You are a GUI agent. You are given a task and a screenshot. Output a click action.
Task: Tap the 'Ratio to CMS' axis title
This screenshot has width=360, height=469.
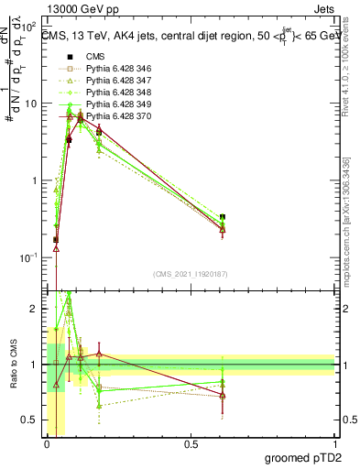point(12,364)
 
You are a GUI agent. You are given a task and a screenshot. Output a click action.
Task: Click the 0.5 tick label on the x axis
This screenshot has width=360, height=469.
point(191,444)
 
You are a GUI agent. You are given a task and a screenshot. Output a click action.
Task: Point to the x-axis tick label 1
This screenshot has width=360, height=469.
point(335,444)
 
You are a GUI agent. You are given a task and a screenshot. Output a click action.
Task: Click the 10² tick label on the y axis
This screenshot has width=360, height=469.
point(30,27)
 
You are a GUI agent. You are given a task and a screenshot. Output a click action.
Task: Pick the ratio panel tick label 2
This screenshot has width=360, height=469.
point(35,310)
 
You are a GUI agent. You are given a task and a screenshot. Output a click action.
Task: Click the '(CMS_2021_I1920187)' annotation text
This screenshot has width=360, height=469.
point(190,273)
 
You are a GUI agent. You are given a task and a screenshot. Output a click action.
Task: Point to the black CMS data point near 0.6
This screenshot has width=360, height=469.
point(223,217)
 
